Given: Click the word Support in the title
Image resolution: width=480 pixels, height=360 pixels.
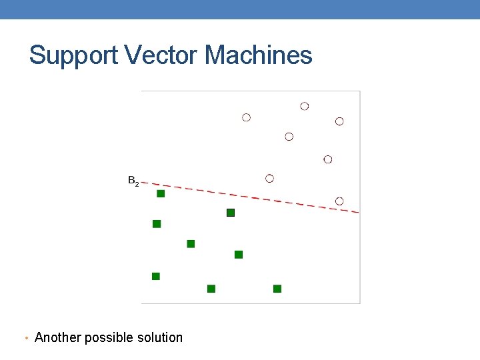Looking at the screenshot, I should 72,55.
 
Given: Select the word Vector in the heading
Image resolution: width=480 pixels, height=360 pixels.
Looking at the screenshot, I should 161,55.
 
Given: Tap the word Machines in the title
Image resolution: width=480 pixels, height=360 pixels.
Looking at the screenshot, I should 259,55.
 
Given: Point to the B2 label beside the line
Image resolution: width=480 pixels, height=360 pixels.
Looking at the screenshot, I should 133,181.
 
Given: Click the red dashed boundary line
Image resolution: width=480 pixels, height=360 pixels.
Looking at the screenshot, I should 253,197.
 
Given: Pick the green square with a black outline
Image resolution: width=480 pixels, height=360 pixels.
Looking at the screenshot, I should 231,213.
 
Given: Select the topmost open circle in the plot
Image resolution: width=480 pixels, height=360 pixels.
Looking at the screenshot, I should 305,106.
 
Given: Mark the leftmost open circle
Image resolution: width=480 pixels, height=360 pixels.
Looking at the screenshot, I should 247,117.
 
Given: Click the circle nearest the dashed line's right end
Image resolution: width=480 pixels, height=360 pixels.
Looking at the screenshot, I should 339,201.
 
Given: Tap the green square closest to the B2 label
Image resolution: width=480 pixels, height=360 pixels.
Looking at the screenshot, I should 161,193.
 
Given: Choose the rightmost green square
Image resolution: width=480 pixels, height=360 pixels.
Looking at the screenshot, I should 277,289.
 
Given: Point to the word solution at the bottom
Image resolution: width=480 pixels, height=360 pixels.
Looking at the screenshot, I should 159,337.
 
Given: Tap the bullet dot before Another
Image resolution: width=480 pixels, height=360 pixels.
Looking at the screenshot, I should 25,339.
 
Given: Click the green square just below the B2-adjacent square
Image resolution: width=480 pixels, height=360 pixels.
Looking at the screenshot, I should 157,224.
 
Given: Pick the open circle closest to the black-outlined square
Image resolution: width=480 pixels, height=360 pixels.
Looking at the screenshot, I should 269,179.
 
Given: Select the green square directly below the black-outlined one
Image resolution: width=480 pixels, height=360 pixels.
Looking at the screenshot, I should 239,255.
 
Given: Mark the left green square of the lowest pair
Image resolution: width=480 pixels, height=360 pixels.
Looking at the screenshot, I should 211,289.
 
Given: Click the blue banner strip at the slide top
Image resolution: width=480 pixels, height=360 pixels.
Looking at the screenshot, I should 240,9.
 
